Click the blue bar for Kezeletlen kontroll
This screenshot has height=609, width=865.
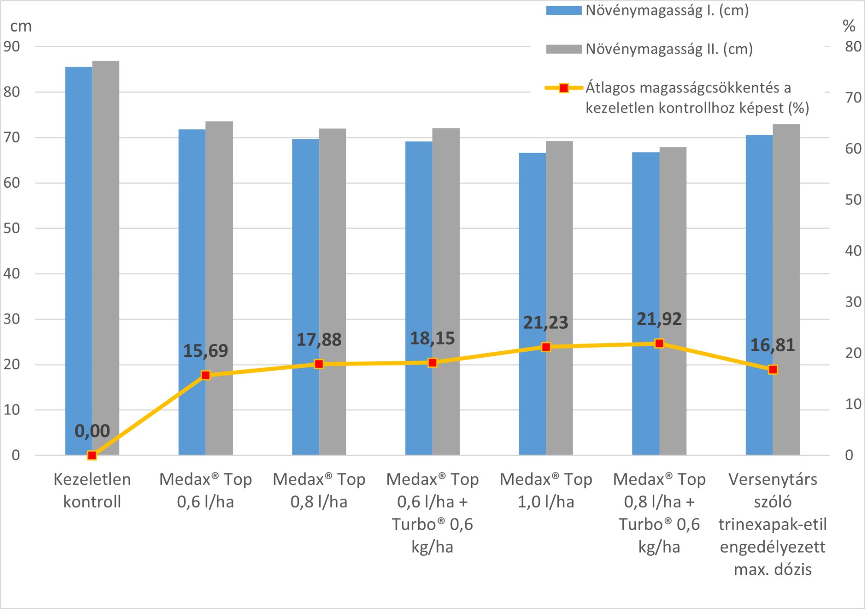point(79,260)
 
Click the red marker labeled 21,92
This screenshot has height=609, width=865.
point(659,343)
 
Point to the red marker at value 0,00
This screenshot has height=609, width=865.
point(92,455)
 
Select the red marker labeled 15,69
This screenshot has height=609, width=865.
point(206,375)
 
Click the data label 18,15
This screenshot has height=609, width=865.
point(432,338)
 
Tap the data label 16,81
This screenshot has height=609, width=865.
point(772,345)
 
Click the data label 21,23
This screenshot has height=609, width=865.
point(545,323)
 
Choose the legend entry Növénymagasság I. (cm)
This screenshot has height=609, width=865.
point(666,10)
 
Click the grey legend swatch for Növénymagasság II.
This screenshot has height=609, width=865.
point(564,49)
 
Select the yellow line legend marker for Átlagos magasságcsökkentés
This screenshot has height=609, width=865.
point(564,88)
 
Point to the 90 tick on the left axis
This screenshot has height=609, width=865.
point(12,46)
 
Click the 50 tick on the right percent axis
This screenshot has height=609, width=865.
point(853,200)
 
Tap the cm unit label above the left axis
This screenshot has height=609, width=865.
point(21,26)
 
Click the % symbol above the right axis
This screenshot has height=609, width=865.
point(849,26)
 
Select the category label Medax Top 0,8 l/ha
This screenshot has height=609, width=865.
point(319,490)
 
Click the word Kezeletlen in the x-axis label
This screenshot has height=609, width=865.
point(92,479)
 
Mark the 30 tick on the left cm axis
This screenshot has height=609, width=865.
point(12,319)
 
